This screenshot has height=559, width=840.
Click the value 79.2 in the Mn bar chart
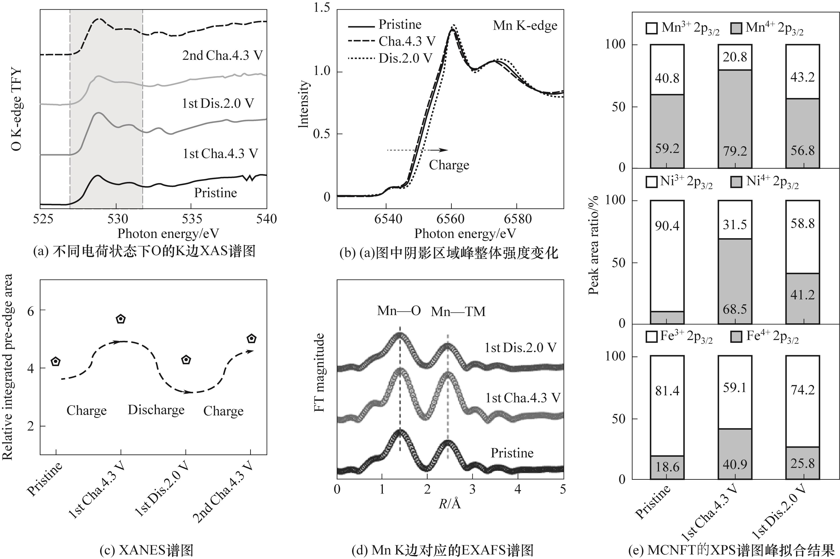735,151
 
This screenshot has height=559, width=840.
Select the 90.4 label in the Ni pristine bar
667,226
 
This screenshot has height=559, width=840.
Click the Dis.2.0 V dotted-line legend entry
390,58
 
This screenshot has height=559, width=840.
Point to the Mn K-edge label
525,26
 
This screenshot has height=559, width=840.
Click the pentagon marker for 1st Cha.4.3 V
121,319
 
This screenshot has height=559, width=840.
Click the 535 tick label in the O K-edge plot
192,219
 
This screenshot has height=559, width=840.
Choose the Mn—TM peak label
458,312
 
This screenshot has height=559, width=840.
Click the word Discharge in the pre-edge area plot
156,410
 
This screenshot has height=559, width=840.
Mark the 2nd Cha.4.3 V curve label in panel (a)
222,56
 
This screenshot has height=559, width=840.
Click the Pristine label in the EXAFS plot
512,453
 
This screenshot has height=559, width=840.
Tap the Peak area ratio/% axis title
593,245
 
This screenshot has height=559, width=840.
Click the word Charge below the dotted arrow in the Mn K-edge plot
449,165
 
